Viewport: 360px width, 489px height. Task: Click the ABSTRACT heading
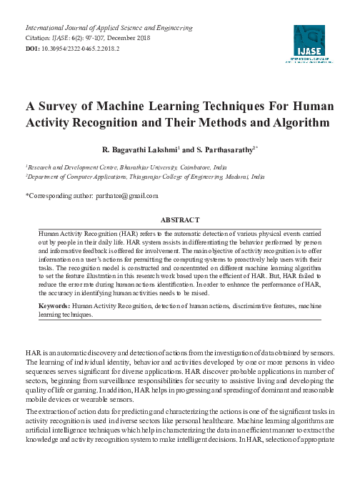click(x=179, y=219)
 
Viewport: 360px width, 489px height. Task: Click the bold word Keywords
click(x=54, y=325)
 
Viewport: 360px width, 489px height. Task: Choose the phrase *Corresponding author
click(x=60, y=195)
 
